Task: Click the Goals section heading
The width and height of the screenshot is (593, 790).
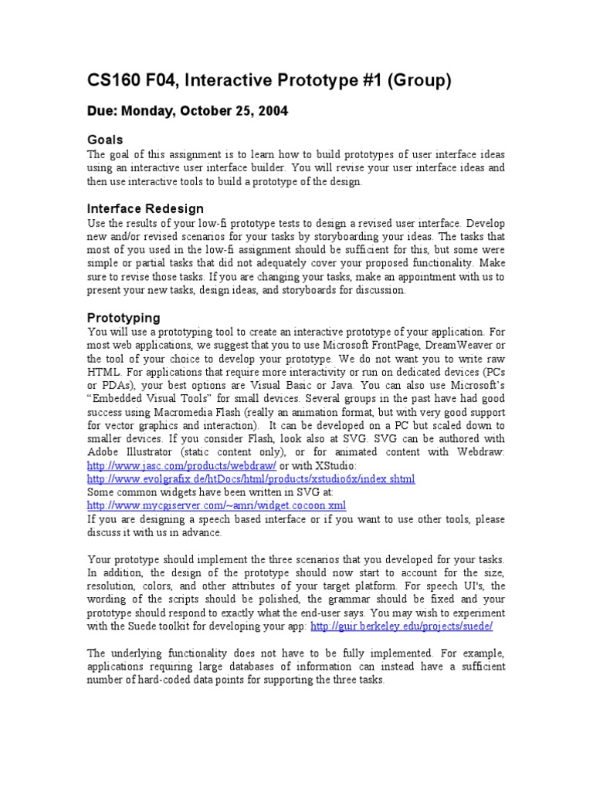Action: tap(105, 140)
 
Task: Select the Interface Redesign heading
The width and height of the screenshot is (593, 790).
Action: tap(145, 208)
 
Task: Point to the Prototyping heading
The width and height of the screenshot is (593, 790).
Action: tap(124, 317)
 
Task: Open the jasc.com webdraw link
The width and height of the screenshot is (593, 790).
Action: tap(181, 467)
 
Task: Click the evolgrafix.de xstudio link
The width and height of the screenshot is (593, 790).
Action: tap(251, 479)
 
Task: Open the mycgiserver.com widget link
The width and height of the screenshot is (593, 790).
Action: tap(216, 505)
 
